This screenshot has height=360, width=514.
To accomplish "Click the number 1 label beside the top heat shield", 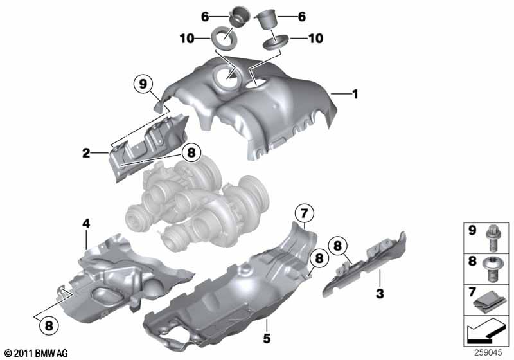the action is click(x=355, y=94).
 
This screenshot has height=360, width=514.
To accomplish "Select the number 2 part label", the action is click(x=86, y=153).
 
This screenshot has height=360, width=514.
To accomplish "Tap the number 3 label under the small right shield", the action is click(x=380, y=293).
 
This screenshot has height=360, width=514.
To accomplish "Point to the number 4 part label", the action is click(x=86, y=224).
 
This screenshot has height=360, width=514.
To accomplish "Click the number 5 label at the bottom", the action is click(x=267, y=338).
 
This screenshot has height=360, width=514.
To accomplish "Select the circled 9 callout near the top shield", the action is click(x=143, y=84).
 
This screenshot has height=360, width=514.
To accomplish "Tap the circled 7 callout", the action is click(x=304, y=213).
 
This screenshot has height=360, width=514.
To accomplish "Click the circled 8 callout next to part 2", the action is click(x=191, y=152).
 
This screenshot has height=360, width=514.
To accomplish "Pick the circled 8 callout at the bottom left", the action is click(x=49, y=325).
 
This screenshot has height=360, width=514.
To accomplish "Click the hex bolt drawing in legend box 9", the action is click(x=492, y=239).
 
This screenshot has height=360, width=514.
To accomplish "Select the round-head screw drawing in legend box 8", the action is click(x=490, y=269).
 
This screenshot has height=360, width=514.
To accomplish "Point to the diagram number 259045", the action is click(x=488, y=353).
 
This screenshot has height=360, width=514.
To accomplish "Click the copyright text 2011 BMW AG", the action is click(x=36, y=353).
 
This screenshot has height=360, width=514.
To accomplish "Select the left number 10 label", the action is click(x=187, y=39).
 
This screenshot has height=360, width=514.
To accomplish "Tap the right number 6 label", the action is click(x=302, y=17).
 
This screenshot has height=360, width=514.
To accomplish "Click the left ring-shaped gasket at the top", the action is click(x=224, y=39).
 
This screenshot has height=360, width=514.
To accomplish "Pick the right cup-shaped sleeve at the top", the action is click(x=267, y=21).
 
